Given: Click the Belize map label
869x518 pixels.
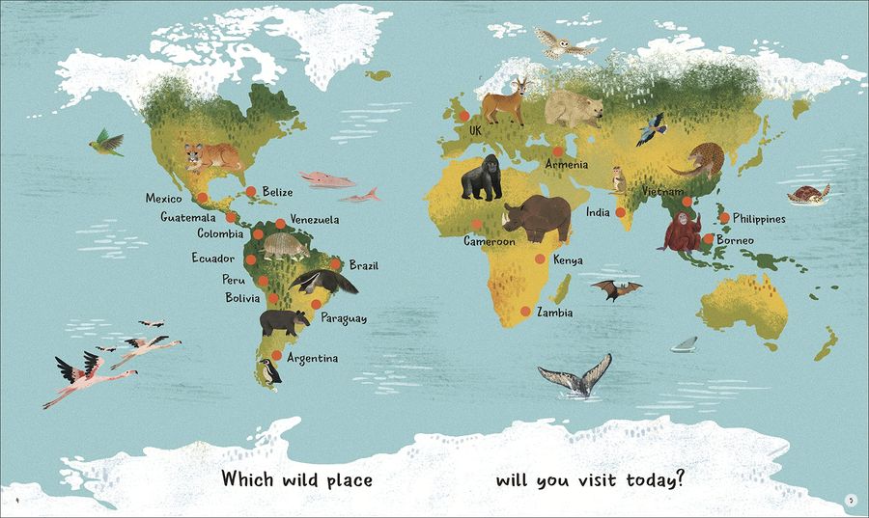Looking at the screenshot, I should [277, 193].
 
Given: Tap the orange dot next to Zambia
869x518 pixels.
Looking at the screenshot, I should [525, 311].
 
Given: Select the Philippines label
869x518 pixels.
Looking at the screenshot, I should [759, 219].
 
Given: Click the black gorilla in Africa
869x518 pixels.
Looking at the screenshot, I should [482, 179].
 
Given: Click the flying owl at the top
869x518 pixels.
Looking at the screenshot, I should [554, 43].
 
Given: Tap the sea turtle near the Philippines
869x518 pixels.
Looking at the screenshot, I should [808, 195].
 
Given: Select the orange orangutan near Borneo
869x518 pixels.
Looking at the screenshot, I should [682, 232].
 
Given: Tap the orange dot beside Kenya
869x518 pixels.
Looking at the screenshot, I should [540, 259].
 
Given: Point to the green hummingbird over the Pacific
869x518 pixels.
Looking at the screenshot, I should [106, 144].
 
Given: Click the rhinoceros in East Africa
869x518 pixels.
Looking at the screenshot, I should [536, 220].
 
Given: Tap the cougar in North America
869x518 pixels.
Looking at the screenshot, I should [213, 156].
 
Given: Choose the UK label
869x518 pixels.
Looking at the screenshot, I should [474, 130].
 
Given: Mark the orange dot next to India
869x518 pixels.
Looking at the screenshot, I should [621, 212].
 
